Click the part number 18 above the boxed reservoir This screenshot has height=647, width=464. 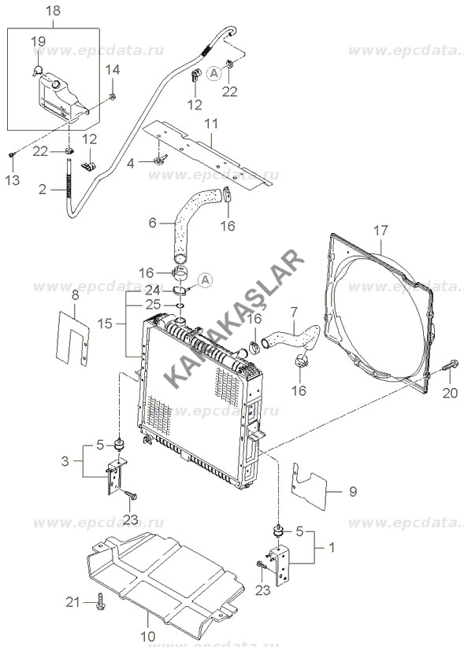click(54, 11)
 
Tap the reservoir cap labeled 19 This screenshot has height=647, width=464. click(37, 70)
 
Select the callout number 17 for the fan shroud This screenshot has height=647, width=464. click(380, 231)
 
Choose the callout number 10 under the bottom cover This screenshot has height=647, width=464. click(148, 636)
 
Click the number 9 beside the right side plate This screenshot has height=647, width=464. click(353, 492)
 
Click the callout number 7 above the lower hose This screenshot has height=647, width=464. click(294, 312)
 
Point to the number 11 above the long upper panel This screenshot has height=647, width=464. click(211, 124)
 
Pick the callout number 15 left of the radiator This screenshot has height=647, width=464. click(105, 323)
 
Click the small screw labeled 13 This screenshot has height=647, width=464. click(12, 155)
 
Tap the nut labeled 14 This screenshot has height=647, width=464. click(112, 97)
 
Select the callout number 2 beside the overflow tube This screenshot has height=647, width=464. click(43, 190)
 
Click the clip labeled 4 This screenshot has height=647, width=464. click(159, 158)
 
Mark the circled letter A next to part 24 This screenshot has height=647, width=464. click(205, 280)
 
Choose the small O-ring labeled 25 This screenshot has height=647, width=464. click(180, 305)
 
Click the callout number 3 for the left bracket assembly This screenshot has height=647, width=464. click(65, 461)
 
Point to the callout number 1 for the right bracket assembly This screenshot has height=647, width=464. click(332, 548)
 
